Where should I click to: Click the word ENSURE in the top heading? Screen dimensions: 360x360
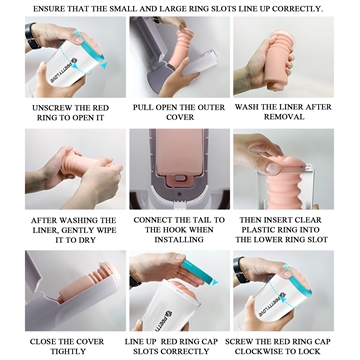47,9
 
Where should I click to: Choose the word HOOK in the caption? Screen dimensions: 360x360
180,230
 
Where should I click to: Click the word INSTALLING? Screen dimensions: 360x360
179,239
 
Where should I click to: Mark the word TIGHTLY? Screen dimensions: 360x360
68,351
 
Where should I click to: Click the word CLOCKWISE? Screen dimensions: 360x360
264,351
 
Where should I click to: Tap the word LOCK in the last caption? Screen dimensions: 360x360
310,351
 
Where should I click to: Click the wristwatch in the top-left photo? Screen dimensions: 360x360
32,36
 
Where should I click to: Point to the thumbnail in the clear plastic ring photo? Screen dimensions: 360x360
273,168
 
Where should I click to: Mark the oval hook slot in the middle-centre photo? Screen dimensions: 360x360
179,178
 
